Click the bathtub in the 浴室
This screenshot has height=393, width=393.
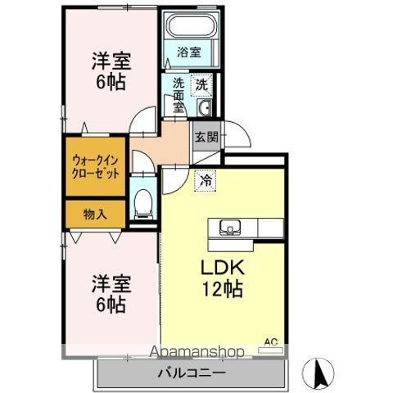click(x=192, y=25)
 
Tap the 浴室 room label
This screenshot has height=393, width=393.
click(x=189, y=52)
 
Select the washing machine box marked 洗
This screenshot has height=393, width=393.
click(x=201, y=85)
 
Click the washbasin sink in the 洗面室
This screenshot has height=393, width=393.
click(x=204, y=108)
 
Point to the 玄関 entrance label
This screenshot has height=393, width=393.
click(x=206, y=137)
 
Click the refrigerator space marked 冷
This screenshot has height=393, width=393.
click(x=206, y=180)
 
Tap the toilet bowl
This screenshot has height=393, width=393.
click(x=143, y=204)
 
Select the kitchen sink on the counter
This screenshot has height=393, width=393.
click(x=230, y=227)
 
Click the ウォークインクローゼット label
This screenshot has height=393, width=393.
click(x=95, y=166)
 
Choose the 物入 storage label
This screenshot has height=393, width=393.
click(x=95, y=215)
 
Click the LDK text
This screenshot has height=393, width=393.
click(x=223, y=268)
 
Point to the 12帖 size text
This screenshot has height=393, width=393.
click(x=222, y=289)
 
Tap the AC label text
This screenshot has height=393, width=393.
click(x=271, y=341)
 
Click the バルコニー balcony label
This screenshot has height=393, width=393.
click(x=192, y=373)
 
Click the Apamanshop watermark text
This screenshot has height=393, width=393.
click(x=196, y=352)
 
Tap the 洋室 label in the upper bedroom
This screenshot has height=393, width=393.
click(x=111, y=61)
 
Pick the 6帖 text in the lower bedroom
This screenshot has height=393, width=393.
click(x=111, y=305)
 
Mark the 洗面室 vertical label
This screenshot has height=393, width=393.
click(x=178, y=95)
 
